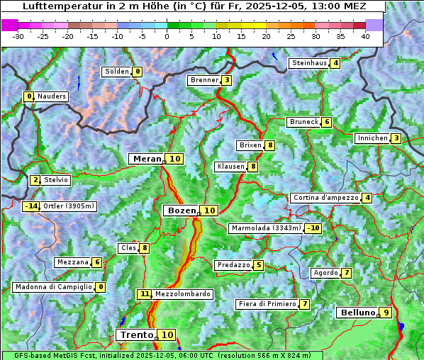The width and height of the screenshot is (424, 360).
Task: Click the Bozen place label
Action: [181, 210]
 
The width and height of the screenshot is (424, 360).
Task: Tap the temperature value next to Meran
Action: [174, 159]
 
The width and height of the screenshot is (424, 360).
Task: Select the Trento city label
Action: [137, 334]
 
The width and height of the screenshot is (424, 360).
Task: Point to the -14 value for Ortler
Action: [30, 206]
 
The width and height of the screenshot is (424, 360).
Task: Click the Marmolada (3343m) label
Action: [266, 228]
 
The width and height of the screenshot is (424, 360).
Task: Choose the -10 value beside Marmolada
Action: [313, 228]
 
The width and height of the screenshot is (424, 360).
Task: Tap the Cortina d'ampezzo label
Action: [325, 198]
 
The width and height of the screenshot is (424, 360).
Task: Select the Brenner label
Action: [204, 80]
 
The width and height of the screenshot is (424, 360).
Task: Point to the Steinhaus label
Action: [309, 63]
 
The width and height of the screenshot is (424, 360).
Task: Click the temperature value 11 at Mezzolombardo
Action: [145, 293]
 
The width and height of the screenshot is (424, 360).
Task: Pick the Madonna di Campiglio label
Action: [53, 287]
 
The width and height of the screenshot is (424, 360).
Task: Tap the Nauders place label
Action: [51, 96]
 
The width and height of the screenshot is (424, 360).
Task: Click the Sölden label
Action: [117, 72]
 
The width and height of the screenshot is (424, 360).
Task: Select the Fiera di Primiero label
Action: [267, 304]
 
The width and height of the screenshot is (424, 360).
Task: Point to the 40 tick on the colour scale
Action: [365, 36]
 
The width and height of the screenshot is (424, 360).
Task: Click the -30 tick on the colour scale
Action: [19, 36]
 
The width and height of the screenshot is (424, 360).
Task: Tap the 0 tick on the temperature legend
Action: [167, 36]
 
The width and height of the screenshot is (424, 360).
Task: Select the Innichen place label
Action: [372, 138]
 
